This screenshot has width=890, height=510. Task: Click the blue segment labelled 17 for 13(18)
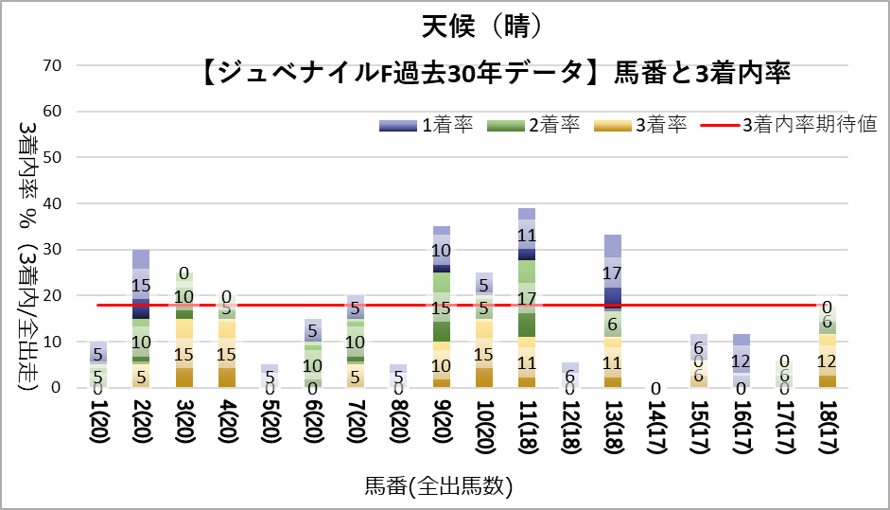point(612,273)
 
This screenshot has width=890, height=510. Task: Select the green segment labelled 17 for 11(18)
point(527,298)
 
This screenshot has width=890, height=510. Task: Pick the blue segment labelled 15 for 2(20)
point(141,284)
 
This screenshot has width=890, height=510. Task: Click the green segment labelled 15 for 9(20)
point(442,308)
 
